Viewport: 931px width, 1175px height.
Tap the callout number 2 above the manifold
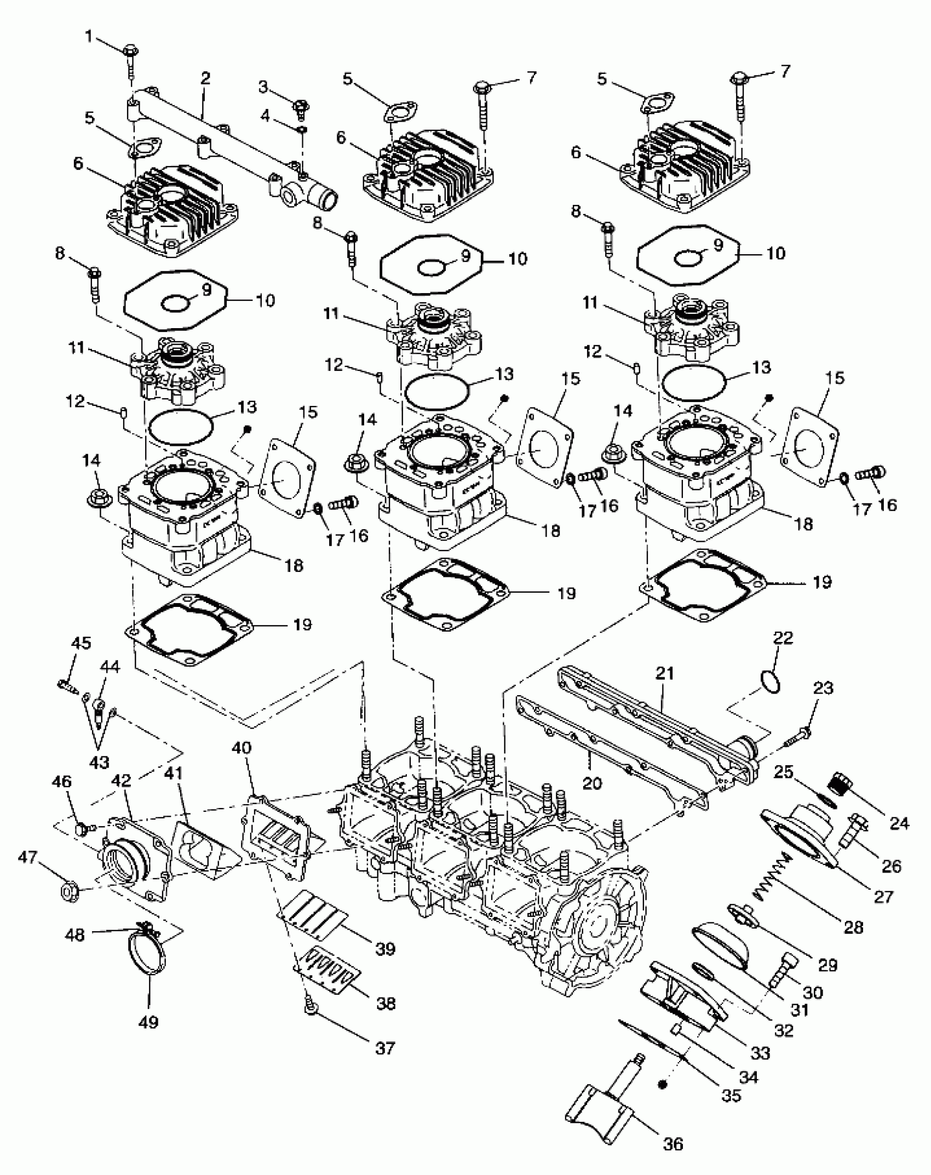[x=205, y=78]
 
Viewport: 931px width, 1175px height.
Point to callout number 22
[x=783, y=638]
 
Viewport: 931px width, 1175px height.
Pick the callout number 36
[x=673, y=1144]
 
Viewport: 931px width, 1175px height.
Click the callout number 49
[x=148, y=1022]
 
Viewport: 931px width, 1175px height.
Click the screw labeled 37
[x=310, y=1006]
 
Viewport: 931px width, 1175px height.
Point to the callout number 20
[x=591, y=783]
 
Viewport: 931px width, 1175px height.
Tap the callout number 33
[x=761, y=1052]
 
